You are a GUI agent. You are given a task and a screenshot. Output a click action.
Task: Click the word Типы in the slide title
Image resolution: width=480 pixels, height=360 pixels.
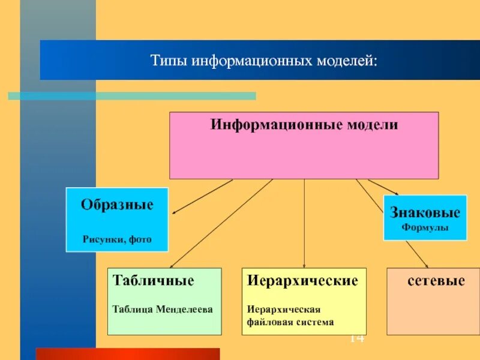(168, 61)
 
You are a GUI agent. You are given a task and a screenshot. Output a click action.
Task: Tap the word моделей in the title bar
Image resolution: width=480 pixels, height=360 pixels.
(349, 61)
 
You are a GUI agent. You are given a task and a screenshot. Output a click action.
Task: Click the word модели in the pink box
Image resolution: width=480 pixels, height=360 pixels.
(373, 125)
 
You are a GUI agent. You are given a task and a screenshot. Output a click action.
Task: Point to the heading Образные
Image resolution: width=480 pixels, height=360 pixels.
(117, 205)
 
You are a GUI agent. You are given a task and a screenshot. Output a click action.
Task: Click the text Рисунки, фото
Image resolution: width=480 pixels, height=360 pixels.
(117, 239)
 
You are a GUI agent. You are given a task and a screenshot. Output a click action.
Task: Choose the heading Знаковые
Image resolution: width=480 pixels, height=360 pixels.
(425, 213)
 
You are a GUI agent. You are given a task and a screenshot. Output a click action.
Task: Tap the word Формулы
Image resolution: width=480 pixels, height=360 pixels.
(425, 228)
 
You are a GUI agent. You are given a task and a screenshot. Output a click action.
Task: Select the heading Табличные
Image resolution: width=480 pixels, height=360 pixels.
(153, 281)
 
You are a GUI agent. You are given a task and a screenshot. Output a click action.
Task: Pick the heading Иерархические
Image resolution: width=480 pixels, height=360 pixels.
(303, 281)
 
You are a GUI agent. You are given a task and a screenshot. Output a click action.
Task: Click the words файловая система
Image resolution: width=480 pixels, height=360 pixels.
(290, 322)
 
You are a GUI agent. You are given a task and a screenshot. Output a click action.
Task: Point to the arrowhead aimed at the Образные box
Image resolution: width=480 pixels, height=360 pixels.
(175, 212)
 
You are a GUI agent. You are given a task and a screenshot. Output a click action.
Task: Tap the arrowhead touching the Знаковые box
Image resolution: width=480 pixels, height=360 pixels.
(395, 193)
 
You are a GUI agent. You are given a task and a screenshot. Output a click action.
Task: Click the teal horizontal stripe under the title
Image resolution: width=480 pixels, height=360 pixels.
(132, 96)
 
